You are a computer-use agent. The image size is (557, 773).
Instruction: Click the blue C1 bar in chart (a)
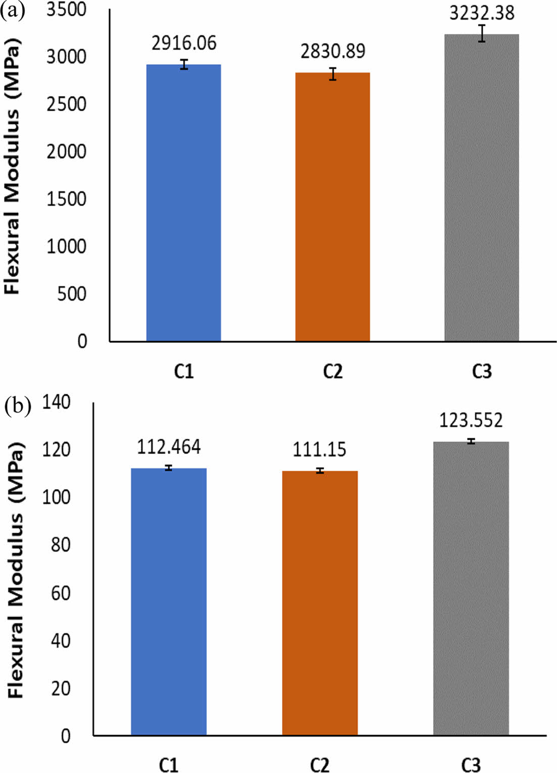coord(183,202)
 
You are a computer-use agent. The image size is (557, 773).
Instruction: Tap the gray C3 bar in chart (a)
coord(482,187)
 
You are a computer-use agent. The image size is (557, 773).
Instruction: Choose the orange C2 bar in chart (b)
coord(320,602)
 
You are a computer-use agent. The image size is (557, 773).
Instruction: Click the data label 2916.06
coord(184,43)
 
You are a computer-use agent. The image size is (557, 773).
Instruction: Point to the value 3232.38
coord(482,13)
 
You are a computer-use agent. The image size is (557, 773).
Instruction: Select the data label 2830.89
coord(333,51)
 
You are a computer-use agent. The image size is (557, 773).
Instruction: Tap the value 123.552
coord(471,421)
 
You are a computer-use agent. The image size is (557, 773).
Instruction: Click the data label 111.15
coord(319,449)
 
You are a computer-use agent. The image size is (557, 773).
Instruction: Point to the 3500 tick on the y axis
coord(66,10)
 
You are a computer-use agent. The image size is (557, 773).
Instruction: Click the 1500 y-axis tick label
coord(66,199)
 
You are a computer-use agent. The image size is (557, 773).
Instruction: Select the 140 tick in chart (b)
coord(56,402)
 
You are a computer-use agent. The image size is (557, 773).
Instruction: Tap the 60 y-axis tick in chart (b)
coord(60,593)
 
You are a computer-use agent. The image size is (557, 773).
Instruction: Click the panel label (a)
coord(13,11)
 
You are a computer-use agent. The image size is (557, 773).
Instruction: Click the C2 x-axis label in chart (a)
coord(333,372)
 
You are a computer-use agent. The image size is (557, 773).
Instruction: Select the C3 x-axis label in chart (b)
coord(471,764)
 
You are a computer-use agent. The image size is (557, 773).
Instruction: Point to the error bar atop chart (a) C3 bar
coord(482,33)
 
